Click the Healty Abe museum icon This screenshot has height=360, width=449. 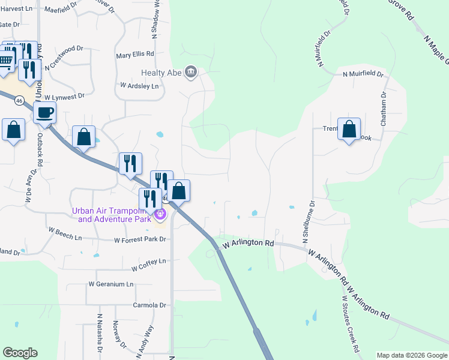(191, 73)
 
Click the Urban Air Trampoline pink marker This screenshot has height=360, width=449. (160, 214)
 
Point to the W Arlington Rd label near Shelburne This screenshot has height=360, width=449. (248, 244)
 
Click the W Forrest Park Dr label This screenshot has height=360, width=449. (139, 240)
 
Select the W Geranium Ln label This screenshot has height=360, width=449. (111, 284)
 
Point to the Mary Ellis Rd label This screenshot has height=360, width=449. (135, 54)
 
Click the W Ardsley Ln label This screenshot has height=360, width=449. (140, 86)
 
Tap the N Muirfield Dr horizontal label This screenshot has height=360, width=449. (363, 74)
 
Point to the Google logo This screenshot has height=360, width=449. (20, 353)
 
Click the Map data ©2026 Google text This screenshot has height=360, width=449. (411, 355)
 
